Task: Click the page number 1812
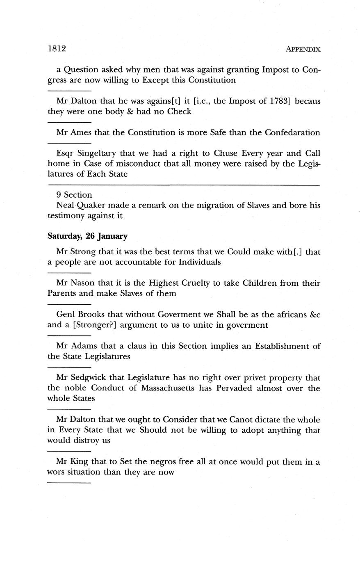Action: [57, 48]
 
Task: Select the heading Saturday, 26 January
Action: [87, 236]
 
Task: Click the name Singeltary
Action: [96, 153]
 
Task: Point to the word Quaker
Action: [91, 205]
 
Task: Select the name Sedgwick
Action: [89, 377]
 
